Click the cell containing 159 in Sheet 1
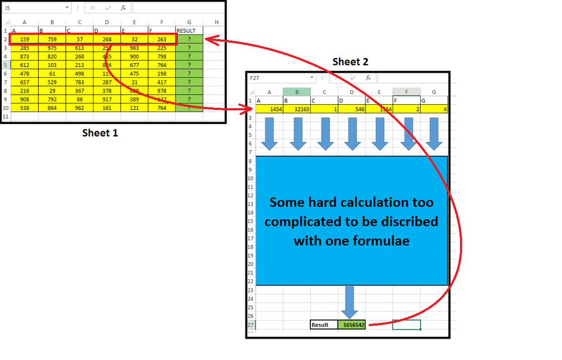pyautogui.click(x=24, y=39)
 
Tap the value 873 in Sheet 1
pyautogui.click(x=24, y=56)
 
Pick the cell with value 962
pyautogui.click(x=79, y=108)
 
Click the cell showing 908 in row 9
pyautogui.click(x=24, y=99)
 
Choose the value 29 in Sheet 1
pyautogui.click(x=52, y=91)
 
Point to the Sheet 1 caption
pyautogui.click(x=101, y=133)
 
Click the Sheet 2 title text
pyautogui.click(x=350, y=62)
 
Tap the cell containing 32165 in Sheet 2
pyautogui.click(x=297, y=109)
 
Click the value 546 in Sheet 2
pyautogui.click(x=352, y=109)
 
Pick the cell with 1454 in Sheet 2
pyautogui.click(x=269, y=109)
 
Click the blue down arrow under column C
pyautogui.click(x=325, y=134)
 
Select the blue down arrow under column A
pyautogui.click(x=270, y=134)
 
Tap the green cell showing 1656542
pyautogui.click(x=351, y=325)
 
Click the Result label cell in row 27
pyautogui.click(x=324, y=325)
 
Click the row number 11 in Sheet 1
pyautogui.click(x=5, y=116)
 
